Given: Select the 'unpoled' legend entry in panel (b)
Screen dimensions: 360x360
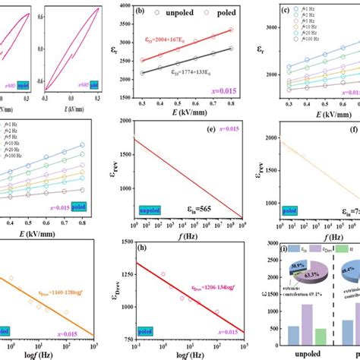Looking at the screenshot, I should pyautogui.click(x=172, y=13).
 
